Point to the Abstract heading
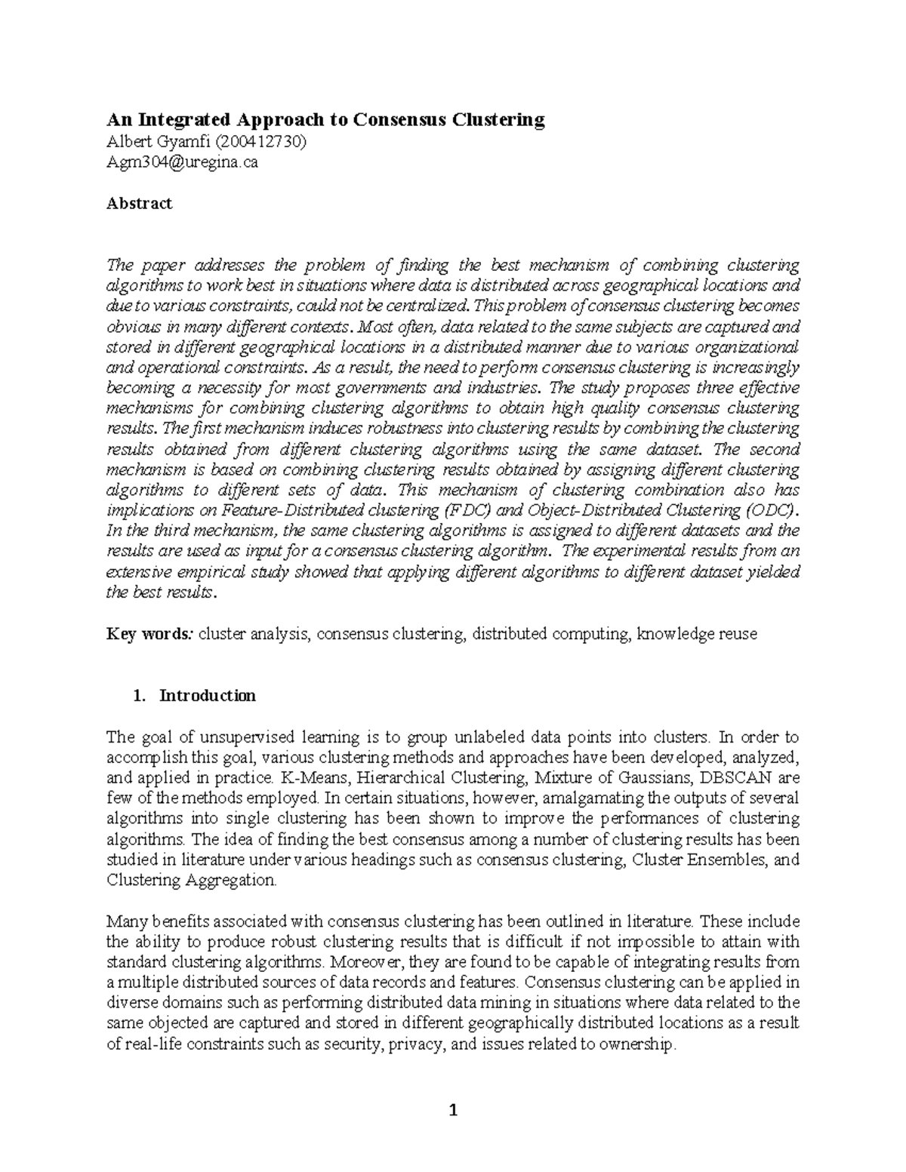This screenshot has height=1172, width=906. (x=139, y=203)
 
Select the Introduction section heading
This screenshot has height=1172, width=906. (x=208, y=696)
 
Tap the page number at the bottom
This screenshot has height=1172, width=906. (x=453, y=1110)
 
